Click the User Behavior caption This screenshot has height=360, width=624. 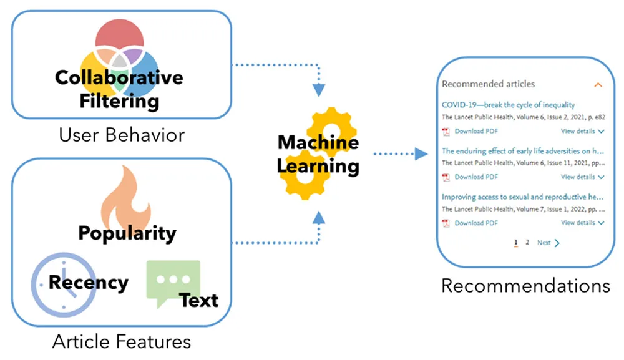pyautogui.click(x=121, y=134)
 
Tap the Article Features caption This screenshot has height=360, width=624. pyautogui.click(x=121, y=342)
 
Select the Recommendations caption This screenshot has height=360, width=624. pyautogui.click(x=525, y=285)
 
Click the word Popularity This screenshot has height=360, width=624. pyautogui.click(x=127, y=233)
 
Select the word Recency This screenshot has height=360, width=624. pyautogui.click(x=88, y=282)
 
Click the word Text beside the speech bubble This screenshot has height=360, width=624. pyautogui.click(x=199, y=301)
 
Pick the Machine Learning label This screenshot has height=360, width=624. pyautogui.click(x=318, y=154)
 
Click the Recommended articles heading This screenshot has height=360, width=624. pyautogui.click(x=488, y=84)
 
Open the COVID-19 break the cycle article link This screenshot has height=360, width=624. pyautogui.click(x=508, y=105)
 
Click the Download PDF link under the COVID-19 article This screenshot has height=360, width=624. pyautogui.click(x=475, y=131)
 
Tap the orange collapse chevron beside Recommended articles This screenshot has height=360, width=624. pyautogui.click(x=598, y=84)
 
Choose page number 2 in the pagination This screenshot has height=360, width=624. pyautogui.click(x=527, y=242)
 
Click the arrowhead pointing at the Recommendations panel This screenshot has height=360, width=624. pyautogui.click(x=422, y=154)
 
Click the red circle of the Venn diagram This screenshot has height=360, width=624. pyautogui.click(x=120, y=37)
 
